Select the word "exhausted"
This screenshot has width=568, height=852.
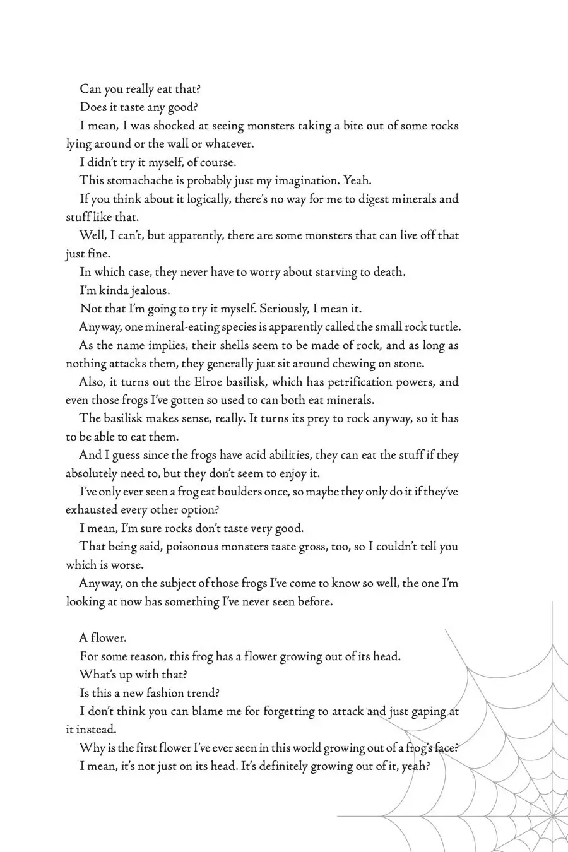92,510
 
